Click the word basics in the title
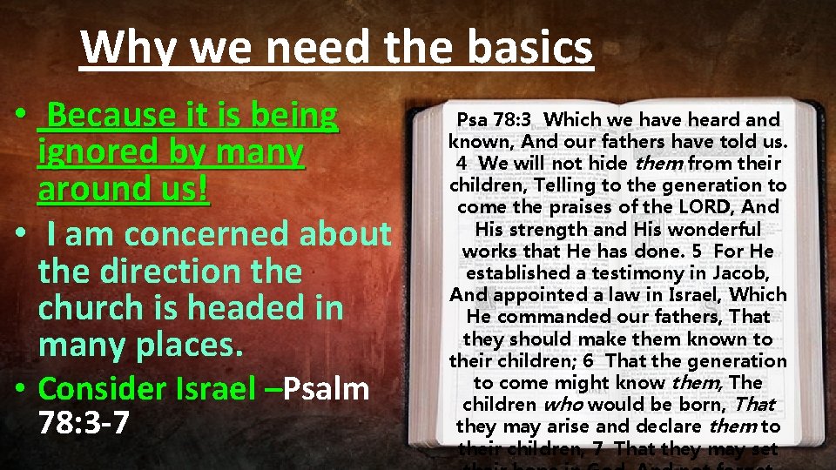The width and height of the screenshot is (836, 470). coord(529,48)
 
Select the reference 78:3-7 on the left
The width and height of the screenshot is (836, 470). coord(84,423)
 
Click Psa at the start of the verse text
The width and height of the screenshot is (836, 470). coord(475,119)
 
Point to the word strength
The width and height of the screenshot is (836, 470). coord(550,229)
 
